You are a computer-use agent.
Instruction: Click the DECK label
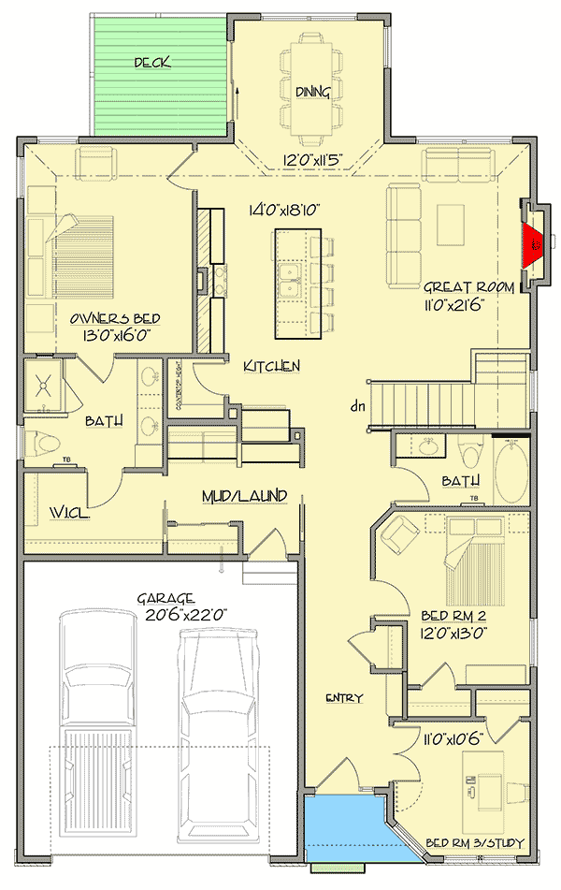point(151,63)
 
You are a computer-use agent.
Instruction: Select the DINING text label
point(311,92)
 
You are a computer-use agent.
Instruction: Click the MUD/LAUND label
point(244,495)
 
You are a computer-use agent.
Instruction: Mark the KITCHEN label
point(271,366)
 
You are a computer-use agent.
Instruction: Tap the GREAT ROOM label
point(468,287)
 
